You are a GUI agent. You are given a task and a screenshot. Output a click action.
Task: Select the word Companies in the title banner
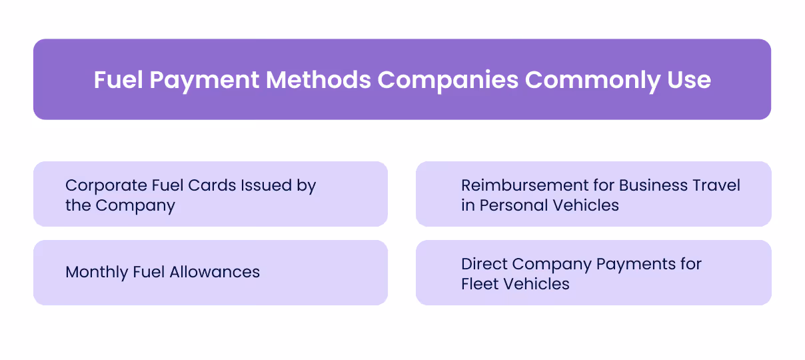coord(448,80)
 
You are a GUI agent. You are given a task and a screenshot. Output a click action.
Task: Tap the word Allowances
coord(215,272)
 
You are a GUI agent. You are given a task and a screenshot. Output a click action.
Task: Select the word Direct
coord(482,264)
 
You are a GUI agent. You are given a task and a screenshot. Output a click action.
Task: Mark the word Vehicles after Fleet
coord(536,284)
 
